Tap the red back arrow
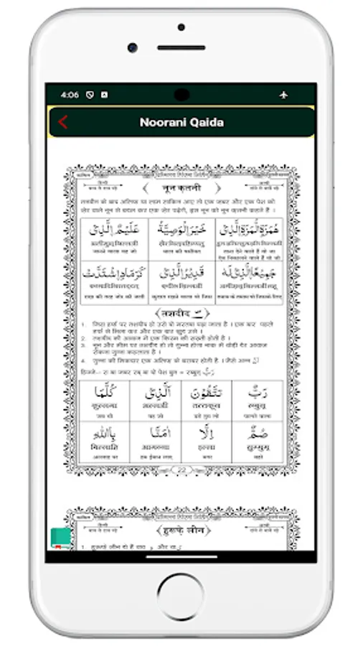point(63,122)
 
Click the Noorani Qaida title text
point(181,122)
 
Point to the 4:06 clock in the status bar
point(70,95)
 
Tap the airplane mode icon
point(283,95)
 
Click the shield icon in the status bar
point(90,95)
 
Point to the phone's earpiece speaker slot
point(181,48)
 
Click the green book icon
point(60,538)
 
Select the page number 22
point(181,470)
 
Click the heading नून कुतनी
point(182,188)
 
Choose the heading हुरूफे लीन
point(181,530)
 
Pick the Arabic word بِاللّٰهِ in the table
point(103,434)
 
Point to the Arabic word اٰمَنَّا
point(154,434)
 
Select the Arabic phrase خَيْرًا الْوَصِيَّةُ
point(181,230)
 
